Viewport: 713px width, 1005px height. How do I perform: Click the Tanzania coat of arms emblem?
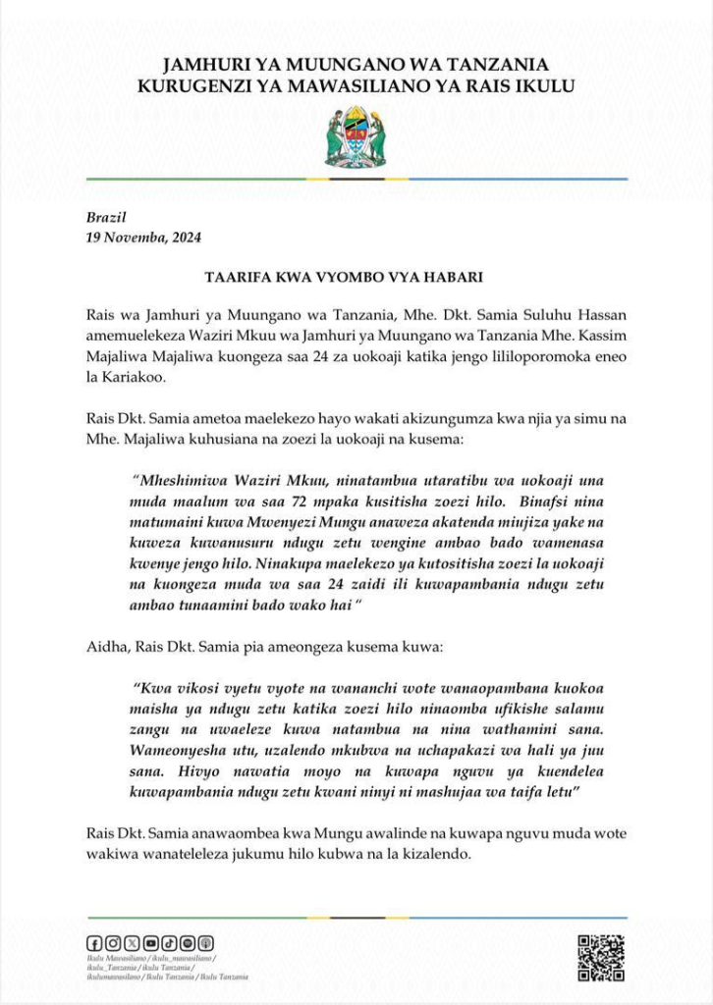coord(356,137)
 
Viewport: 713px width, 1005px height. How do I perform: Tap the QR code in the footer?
coord(600,957)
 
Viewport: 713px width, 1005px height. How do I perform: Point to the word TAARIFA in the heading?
coord(235,277)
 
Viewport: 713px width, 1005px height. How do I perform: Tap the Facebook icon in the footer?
coord(94,943)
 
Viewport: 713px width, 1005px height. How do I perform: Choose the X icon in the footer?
coord(132,943)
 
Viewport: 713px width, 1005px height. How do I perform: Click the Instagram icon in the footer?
coord(113,943)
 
